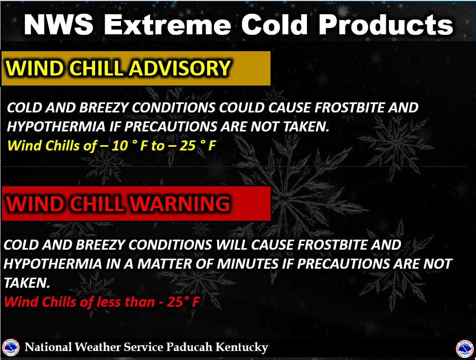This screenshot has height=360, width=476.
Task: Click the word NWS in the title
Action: [x=59, y=25]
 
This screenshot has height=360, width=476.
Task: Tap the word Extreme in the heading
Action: [x=167, y=25]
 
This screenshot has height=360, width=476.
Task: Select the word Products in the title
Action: [x=386, y=25]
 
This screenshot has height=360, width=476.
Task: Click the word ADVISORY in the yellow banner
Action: [x=180, y=68]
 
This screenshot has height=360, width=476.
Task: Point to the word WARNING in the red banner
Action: [x=180, y=204]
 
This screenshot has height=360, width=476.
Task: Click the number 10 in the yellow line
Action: [x=119, y=146]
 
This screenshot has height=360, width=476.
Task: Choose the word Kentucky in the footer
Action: [x=242, y=347]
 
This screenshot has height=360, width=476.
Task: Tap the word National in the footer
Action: [x=48, y=347]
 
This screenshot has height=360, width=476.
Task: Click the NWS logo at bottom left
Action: [x=11, y=347]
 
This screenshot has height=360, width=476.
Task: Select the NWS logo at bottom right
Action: [x=465, y=349]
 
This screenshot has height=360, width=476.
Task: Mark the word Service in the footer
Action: [x=144, y=347]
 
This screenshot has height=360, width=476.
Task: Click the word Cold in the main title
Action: [x=274, y=25]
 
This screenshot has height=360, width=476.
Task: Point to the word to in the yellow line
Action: [x=158, y=146]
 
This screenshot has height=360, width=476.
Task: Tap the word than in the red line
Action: [x=139, y=302]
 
